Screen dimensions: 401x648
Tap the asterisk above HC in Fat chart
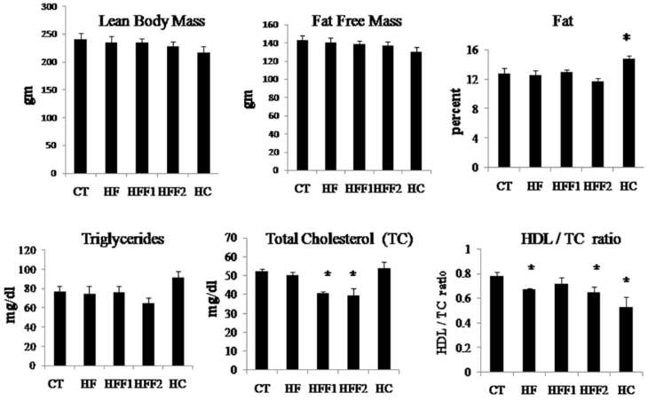click(x=626, y=38)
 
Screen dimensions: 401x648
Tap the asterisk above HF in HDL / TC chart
click(x=529, y=267)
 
